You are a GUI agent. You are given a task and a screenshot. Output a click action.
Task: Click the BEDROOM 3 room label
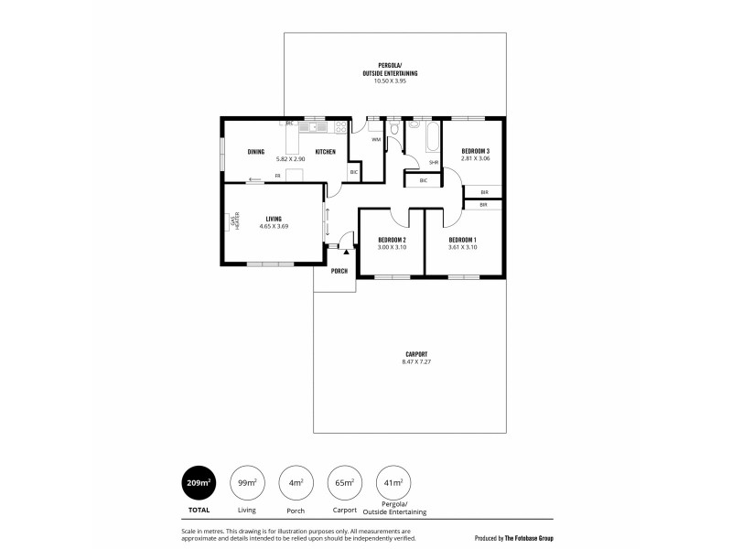475,151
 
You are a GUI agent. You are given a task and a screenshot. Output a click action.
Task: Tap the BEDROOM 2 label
392,240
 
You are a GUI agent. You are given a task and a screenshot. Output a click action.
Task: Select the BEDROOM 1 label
462,240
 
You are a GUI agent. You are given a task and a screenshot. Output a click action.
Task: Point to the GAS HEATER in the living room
235,221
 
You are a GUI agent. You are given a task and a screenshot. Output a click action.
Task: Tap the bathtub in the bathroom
424,137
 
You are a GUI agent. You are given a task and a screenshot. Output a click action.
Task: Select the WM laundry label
375,139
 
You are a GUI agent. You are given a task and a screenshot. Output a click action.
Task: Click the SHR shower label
433,163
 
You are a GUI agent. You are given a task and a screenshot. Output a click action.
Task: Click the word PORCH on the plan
339,271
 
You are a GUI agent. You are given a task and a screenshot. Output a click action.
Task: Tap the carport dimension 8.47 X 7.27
416,362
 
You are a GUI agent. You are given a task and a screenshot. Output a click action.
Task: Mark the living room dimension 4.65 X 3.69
274,225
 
